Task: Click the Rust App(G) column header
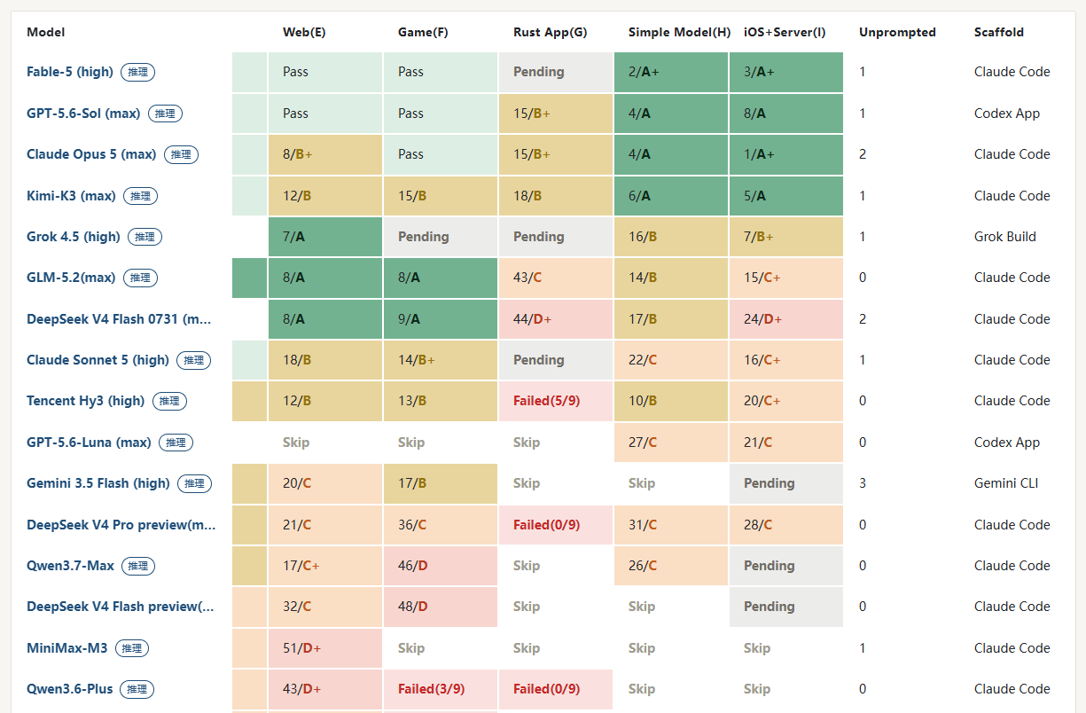click(550, 32)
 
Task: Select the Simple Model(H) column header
click(679, 32)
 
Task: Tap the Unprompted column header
click(897, 32)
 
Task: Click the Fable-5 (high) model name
click(70, 72)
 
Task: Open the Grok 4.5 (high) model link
click(74, 237)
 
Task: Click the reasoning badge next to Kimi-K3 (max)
click(141, 196)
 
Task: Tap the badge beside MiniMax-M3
click(132, 648)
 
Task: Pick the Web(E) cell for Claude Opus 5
click(325, 154)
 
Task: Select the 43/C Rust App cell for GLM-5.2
click(556, 278)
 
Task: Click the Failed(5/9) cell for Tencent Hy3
click(556, 401)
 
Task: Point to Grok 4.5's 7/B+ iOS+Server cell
click(785, 237)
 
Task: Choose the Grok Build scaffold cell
click(1005, 237)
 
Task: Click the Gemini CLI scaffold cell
click(1006, 483)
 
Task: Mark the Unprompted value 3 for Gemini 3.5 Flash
click(863, 483)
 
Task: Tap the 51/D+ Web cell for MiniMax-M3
click(325, 648)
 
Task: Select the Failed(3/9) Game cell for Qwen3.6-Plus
click(441, 689)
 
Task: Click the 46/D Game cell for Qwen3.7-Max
click(441, 566)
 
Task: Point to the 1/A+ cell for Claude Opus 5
click(785, 154)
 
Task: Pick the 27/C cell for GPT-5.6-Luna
click(670, 443)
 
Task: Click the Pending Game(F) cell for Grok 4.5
click(441, 237)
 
